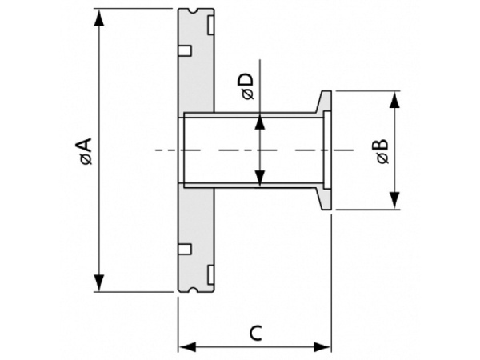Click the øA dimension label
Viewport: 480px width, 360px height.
tap(86, 151)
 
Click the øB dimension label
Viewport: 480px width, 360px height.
tap(382, 151)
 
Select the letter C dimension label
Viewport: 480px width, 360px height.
tap(256, 334)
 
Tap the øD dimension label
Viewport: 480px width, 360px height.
tap(248, 86)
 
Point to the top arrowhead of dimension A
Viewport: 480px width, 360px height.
tap(99, 18)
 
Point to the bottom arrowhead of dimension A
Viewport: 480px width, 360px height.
tap(99, 283)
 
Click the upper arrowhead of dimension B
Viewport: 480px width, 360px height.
tap(395, 100)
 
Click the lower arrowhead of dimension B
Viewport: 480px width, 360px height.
tap(395, 201)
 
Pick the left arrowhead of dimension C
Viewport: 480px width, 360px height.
tap(187, 347)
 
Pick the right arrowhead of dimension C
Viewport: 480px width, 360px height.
tap(322, 347)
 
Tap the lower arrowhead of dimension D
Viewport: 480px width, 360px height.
tap(259, 178)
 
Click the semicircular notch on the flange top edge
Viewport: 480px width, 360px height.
tap(194, 10)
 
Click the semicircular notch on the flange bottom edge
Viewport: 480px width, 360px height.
tap(194, 290)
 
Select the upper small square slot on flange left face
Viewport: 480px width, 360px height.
tap(185, 51)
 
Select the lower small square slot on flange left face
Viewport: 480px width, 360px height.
tap(185, 249)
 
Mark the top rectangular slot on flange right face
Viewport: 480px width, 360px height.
tap(210, 25)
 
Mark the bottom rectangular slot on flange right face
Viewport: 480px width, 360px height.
tap(210, 275)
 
